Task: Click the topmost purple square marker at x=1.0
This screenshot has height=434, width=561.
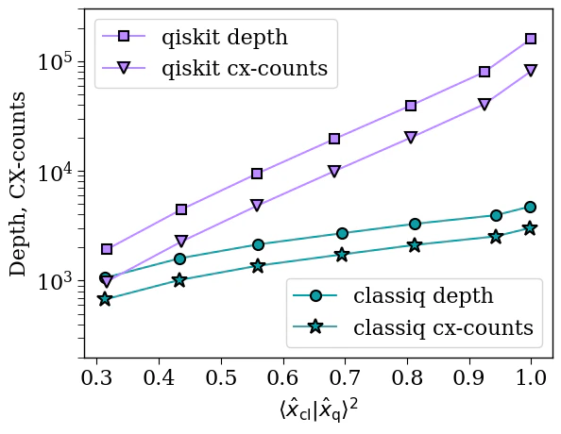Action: tap(531, 39)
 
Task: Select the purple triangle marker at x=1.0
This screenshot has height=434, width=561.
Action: tap(531, 71)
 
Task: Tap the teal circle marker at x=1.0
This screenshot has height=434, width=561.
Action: tap(531, 207)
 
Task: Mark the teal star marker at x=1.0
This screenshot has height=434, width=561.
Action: tap(531, 228)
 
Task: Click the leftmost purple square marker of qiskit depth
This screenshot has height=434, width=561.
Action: tap(107, 249)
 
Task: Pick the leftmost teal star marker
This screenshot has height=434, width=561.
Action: tap(105, 299)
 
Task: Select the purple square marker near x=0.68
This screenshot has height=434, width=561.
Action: tap(334, 139)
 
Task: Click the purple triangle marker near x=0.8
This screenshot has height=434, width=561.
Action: tap(411, 138)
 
